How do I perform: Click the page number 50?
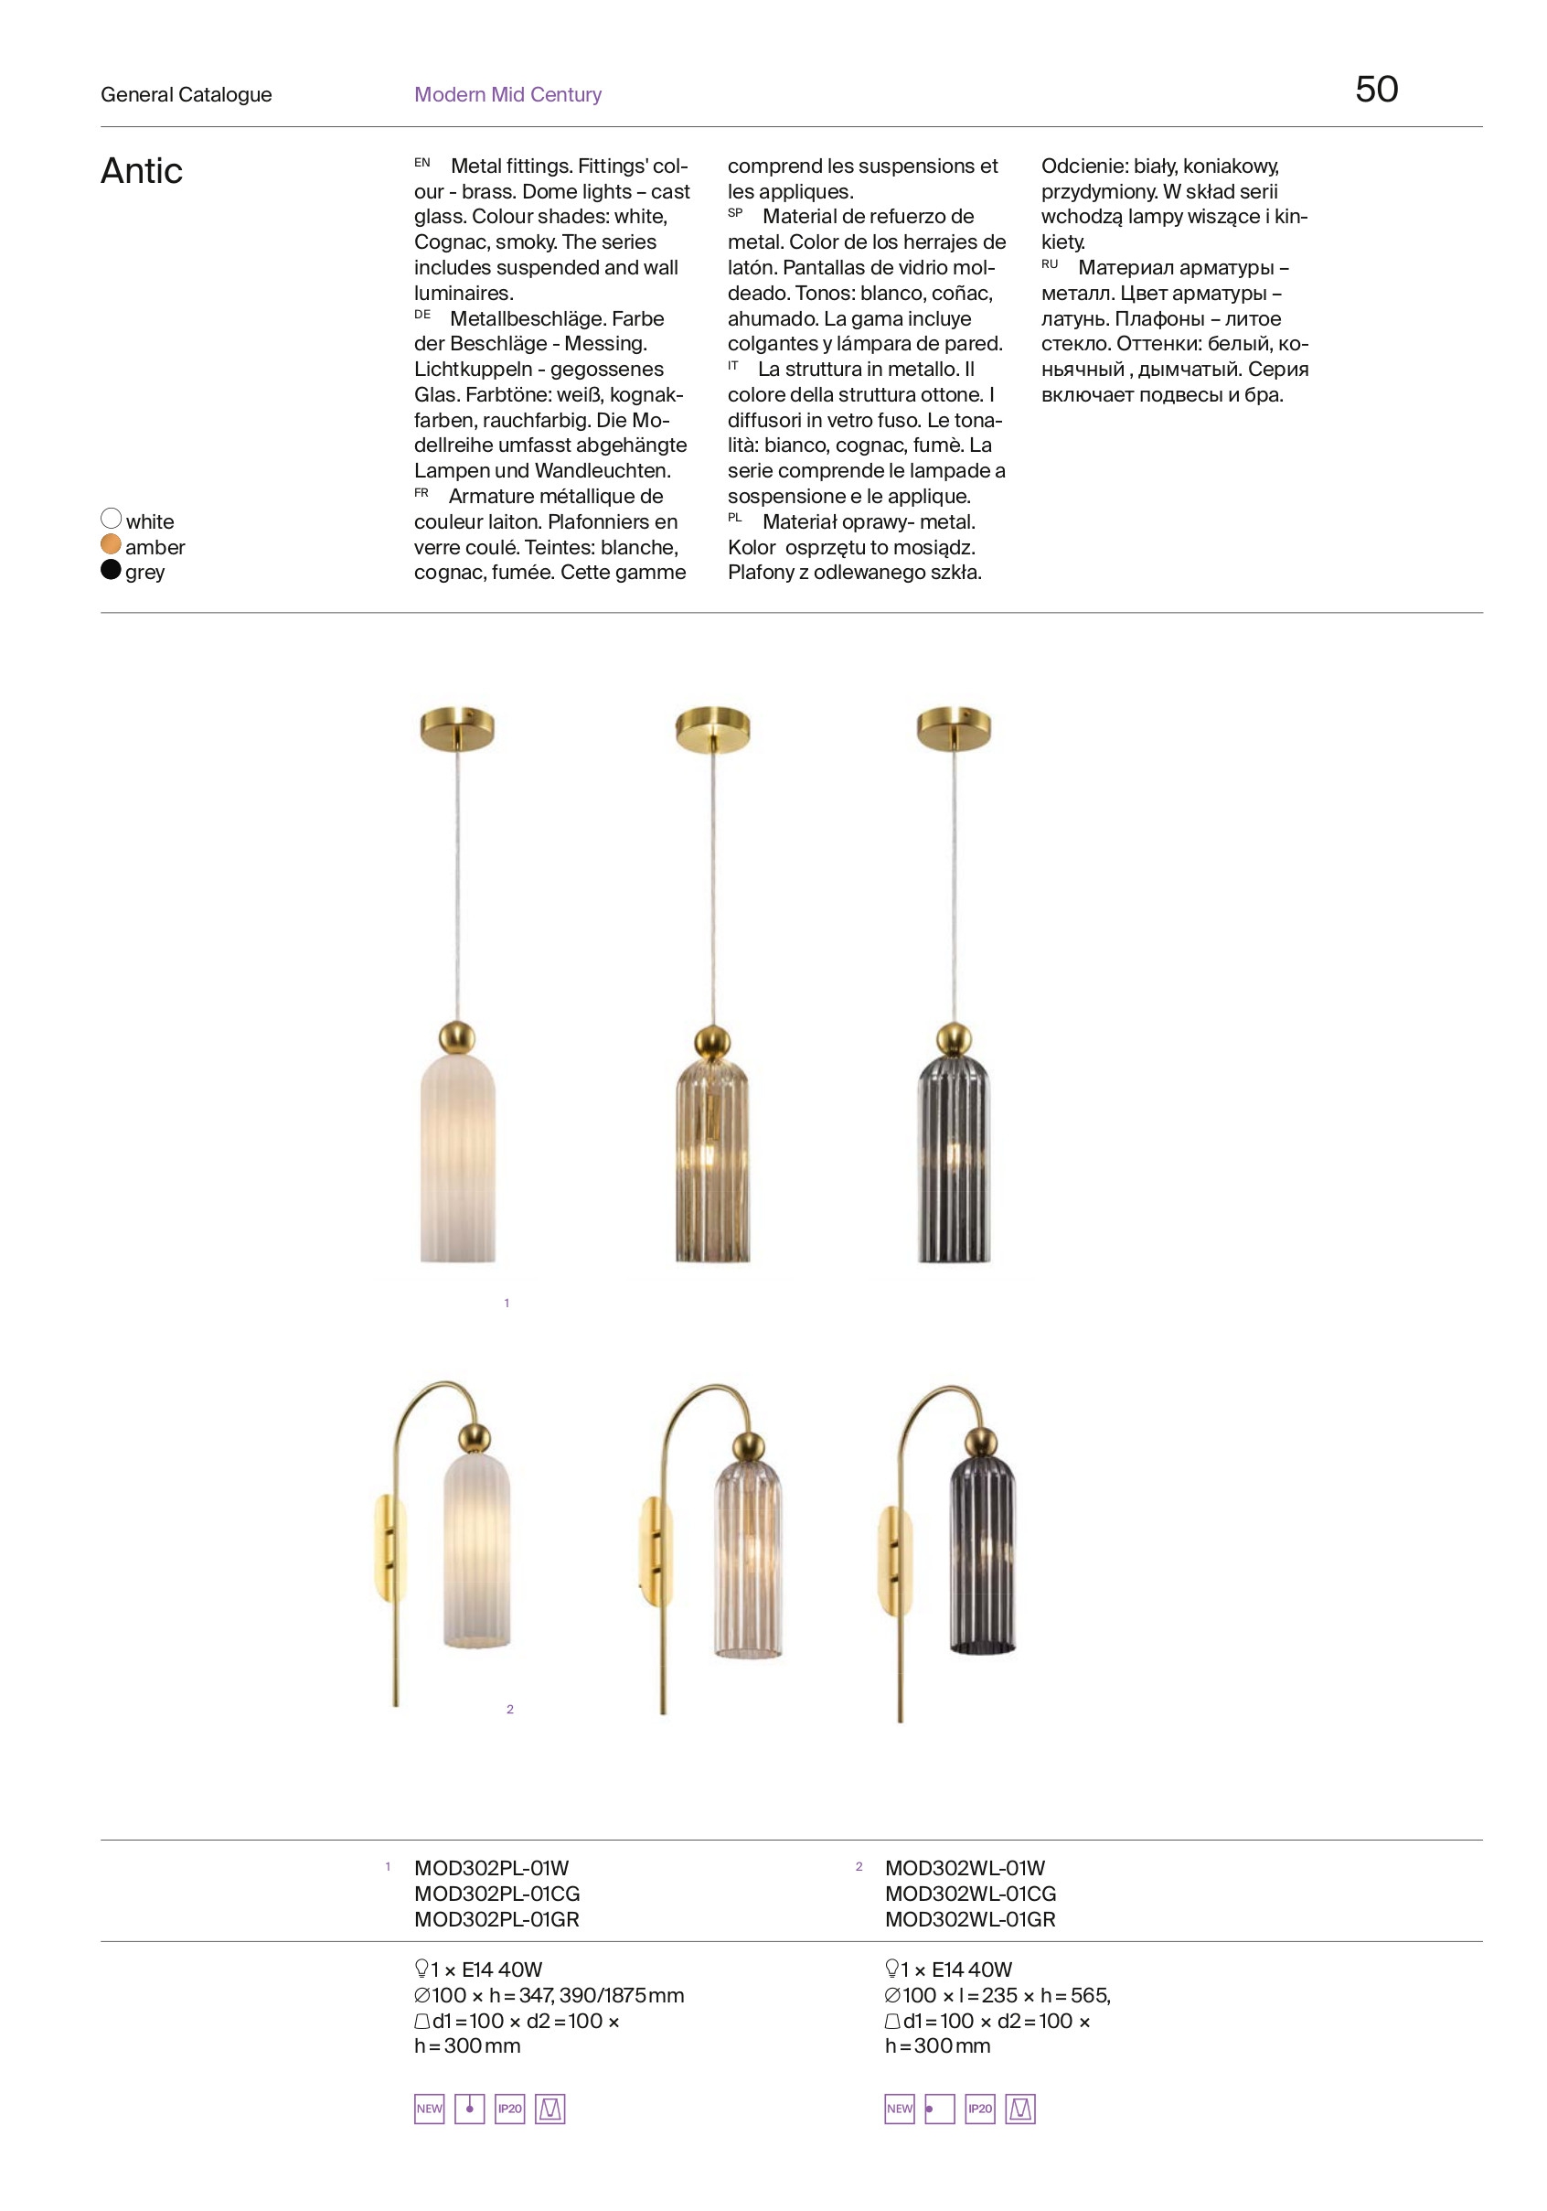(1376, 90)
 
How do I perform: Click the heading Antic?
(142, 171)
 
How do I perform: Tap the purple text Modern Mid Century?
(507, 94)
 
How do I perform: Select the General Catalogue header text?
(186, 94)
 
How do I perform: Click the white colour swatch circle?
(111, 519)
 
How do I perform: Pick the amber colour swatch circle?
(111, 544)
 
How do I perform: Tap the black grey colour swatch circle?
(111, 569)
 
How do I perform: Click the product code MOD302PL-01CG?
(496, 1894)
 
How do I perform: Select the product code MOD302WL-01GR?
(969, 1919)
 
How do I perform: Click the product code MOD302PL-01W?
(491, 1868)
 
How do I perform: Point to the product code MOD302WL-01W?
(965, 1868)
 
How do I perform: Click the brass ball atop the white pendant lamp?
(456, 1037)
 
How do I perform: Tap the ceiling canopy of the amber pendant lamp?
(712, 729)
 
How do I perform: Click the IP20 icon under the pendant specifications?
(509, 2108)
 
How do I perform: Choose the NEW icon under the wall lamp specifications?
(899, 2108)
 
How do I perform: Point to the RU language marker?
(1050, 263)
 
